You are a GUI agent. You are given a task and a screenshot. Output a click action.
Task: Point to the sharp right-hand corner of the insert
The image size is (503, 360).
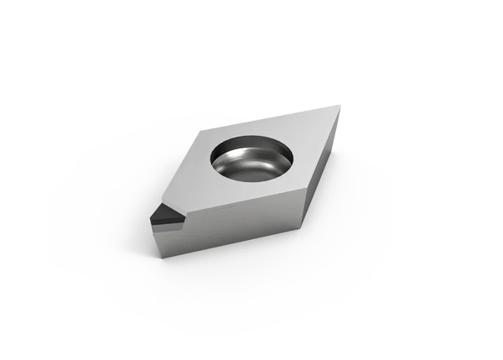pyautogui.click(x=340, y=107)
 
